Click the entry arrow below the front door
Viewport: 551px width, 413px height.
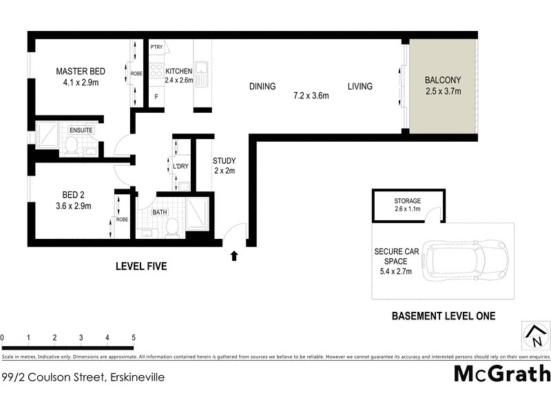(x=234, y=256)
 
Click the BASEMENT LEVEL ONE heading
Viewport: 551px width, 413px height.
(x=443, y=317)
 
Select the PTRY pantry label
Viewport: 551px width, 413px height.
(x=157, y=47)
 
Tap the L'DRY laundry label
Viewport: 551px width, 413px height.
(x=182, y=166)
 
